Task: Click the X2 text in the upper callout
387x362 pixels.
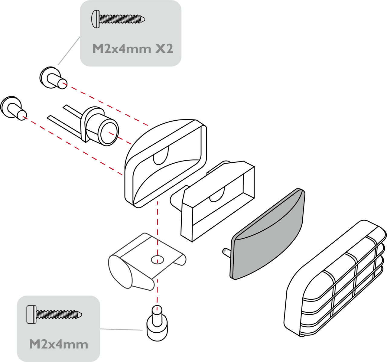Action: [164, 49]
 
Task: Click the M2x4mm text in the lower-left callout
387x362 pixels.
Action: [59, 344]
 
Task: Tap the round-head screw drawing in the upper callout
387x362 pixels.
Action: [118, 19]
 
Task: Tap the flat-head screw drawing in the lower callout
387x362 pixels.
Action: [54, 315]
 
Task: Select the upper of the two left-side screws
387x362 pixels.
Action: [53, 78]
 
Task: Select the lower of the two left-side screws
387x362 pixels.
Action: [13, 108]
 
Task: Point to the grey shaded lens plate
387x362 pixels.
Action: [267, 234]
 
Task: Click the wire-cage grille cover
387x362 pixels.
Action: [335, 279]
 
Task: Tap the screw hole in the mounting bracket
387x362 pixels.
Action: [158, 260]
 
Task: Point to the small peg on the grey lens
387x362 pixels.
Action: [226, 252]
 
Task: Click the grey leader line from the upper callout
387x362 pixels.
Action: [69, 51]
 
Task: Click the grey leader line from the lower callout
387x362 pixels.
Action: [121, 329]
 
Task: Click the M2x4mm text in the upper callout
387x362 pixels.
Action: [122, 49]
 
